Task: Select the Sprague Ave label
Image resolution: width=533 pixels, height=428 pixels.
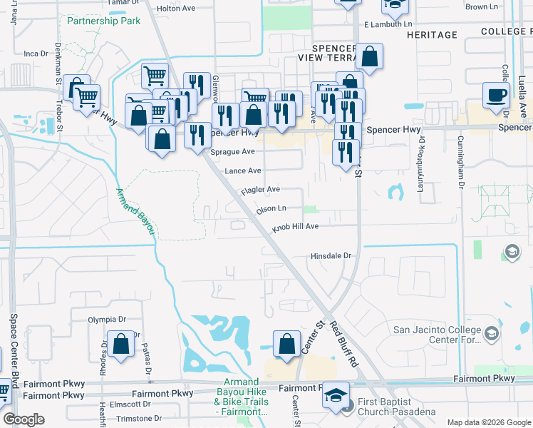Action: tap(232, 151)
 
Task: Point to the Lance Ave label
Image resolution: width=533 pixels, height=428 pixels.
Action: tap(243, 171)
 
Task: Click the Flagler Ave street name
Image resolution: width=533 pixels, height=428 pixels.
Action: tap(260, 190)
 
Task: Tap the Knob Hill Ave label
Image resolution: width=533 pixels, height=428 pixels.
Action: tap(294, 227)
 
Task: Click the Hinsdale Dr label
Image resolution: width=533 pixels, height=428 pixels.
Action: tap(331, 256)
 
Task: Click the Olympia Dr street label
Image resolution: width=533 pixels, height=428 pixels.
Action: tap(107, 320)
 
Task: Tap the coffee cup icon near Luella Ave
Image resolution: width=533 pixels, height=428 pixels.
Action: tap(496, 95)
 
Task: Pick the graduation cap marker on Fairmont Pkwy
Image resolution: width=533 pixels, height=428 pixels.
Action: tap(336, 397)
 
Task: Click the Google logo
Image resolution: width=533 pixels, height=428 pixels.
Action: tap(24, 419)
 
